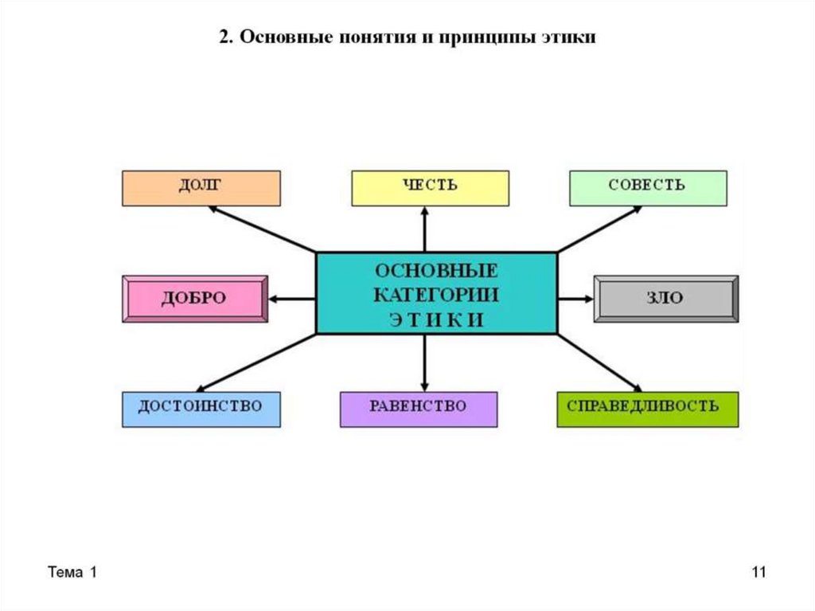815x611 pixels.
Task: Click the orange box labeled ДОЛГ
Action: tap(201, 188)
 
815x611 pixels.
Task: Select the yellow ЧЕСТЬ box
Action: tap(430, 188)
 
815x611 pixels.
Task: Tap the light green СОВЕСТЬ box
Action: tap(647, 188)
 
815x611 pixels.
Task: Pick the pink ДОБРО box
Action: tap(195, 299)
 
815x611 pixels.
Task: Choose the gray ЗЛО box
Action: tap(665, 299)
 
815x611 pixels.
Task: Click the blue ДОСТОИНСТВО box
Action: tap(201, 409)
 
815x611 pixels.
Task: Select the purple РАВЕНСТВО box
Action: tap(418, 409)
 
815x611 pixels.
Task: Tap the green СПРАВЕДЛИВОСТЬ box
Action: tap(647, 409)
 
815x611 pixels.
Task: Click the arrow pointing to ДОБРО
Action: tap(292, 299)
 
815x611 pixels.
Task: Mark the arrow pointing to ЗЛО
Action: tap(575, 299)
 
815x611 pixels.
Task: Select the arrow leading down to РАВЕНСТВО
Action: tap(424, 362)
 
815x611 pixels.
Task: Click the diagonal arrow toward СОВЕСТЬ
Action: tap(599, 229)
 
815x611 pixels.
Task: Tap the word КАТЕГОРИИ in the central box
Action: tap(436, 295)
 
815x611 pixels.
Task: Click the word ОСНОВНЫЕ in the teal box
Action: tap(436, 270)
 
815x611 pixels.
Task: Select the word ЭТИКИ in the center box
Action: tap(436, 319)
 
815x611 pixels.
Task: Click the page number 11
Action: tap(758, 573)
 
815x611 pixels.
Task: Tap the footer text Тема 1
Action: tap(72, 573)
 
